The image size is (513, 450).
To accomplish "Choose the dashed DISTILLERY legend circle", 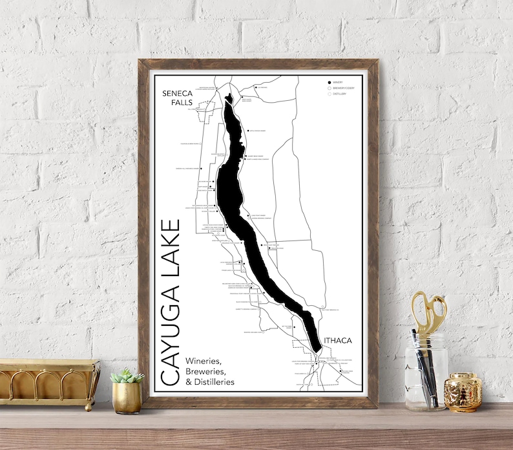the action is pyautogui.click(x=329, y=94).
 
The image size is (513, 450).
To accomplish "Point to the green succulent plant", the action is pyautogui.click(x=127, y=376).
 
